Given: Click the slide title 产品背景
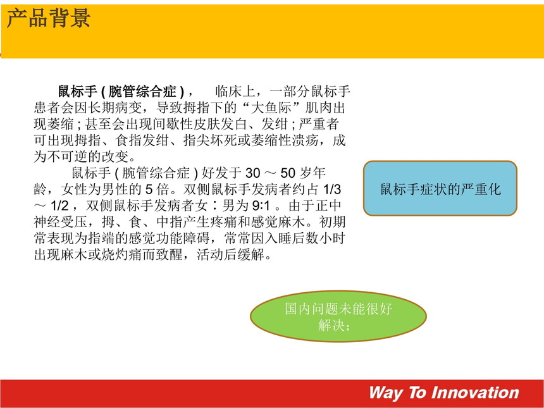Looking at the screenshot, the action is click(49, 18).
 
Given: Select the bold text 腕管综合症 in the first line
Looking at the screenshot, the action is click(143, 92).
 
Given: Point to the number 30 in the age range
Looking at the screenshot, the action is click(253, 173).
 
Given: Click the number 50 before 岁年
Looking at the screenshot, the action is click(288, 173).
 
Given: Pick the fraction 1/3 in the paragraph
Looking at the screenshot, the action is click(332, 189).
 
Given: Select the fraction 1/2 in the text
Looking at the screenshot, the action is click(59, 206).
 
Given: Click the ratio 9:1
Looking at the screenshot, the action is click(261, 206).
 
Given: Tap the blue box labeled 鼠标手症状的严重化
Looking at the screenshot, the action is click(440, 189).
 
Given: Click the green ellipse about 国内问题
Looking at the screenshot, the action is click(338, 316).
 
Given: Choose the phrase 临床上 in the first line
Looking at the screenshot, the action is click(235, 92).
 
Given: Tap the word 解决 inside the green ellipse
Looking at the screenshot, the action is click(331, 325).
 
